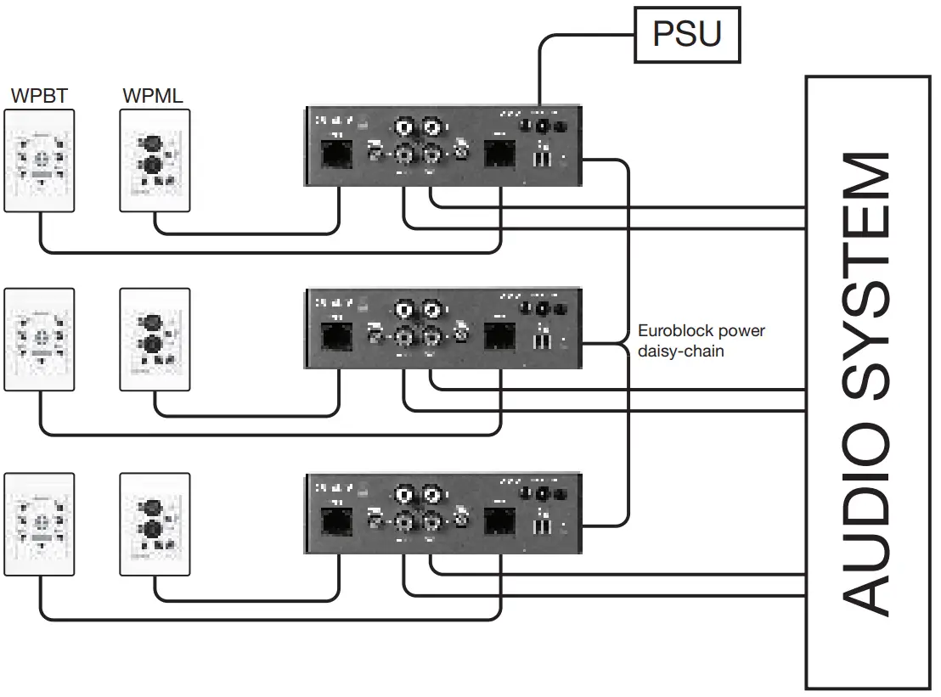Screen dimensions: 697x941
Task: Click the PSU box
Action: [x=687, y=34]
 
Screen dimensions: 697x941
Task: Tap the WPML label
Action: [x=152, y=95]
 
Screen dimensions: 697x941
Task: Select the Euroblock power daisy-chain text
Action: [x=701, y=340]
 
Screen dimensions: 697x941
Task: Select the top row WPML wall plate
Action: [x=155, y=160]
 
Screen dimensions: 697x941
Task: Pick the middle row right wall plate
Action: [x=155, y=340]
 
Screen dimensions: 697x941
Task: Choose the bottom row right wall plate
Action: [x=155, y=525]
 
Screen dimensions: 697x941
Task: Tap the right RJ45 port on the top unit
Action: [x=499, y=155]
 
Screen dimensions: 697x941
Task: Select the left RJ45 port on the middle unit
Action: [x=337, y=337]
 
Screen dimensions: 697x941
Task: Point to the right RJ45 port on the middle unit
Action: [x=499, y=337]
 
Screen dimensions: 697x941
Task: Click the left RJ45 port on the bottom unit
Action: [x=337, y=519]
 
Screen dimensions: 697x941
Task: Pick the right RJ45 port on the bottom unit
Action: [x=499, y=519]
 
